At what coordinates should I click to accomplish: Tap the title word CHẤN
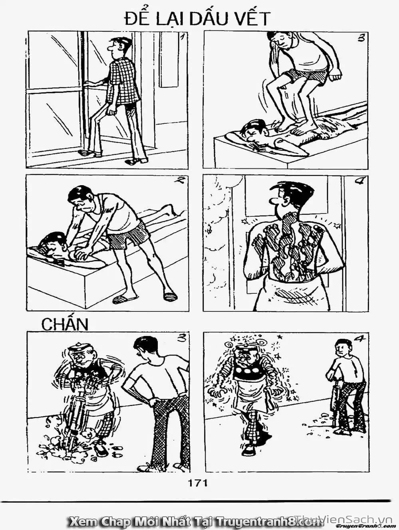(64, 324)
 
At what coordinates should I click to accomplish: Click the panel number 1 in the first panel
(183, 38)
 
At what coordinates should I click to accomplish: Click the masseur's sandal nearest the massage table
(120, 299)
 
